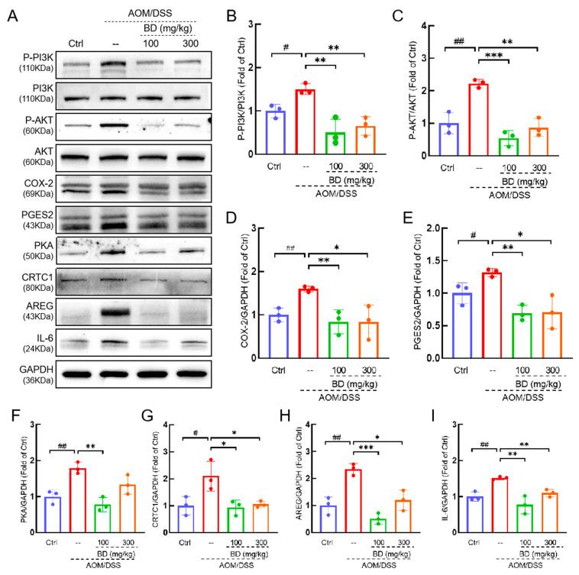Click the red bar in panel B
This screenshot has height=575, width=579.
[x=306, y=114]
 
